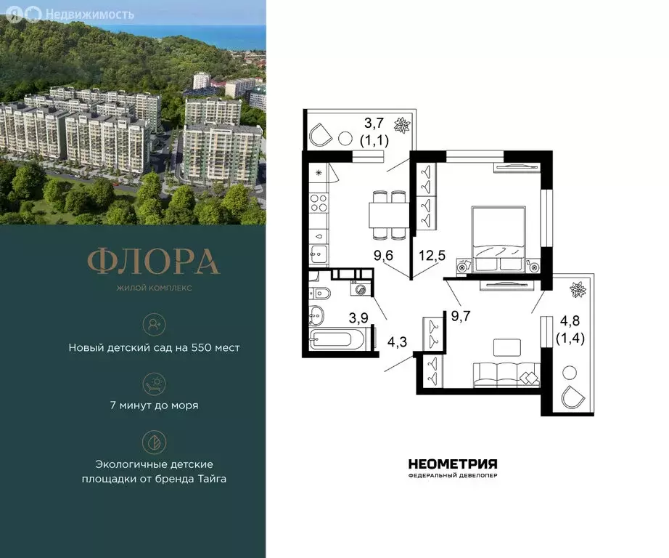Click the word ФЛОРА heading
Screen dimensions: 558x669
pos(153,262)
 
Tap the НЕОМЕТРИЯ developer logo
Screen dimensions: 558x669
pos(453,464)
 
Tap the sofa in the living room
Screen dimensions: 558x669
pos(506,374)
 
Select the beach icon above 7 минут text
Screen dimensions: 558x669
pos(154,381)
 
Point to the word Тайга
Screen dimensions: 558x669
pos(210,478)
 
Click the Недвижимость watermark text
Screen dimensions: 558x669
pos(89,13)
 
